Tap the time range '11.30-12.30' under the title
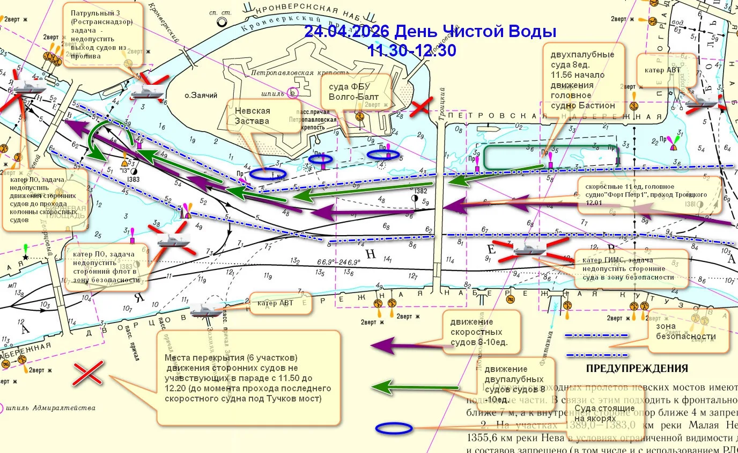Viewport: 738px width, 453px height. click(412, 50)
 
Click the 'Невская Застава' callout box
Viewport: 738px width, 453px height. click(252, 115)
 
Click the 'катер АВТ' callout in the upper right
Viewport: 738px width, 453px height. click(665, 69)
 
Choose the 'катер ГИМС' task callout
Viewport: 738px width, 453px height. click(631, 269)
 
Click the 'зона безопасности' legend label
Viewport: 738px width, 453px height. click(685, 331)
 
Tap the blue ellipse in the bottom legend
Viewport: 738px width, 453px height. click(394, 428)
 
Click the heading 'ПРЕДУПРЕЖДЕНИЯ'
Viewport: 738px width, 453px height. click(637, 369)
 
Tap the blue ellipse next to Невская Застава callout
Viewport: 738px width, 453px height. click(268, 173)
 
